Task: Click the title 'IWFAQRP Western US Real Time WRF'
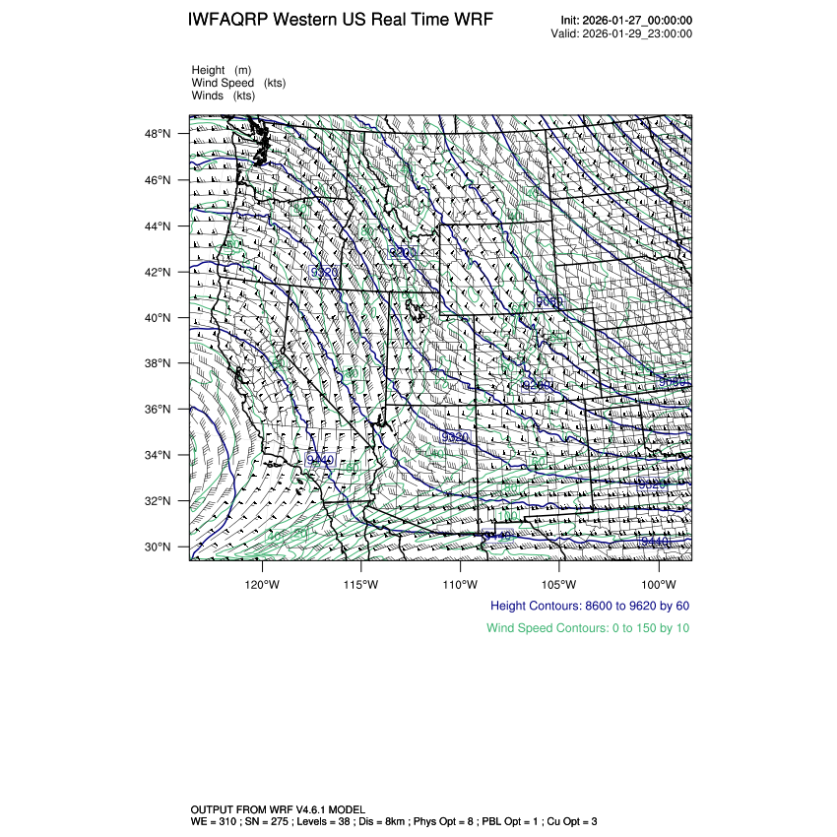tap(340, 21)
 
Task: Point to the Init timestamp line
tap(625, 21)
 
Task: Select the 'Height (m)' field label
tap(222, 70)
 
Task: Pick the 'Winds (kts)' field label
tap(224, 96)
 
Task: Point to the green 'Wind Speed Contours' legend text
tap(588, 627)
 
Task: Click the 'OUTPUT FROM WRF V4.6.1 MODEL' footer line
tap(278, 808)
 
